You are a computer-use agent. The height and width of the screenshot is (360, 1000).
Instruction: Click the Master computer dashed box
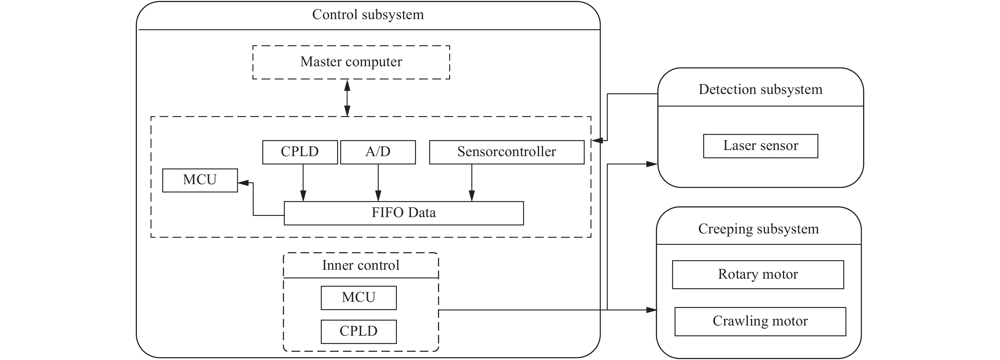(351, 62)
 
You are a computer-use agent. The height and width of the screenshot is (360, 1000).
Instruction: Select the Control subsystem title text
(368, 15)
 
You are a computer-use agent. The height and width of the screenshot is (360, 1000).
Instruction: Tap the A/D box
(378, 152)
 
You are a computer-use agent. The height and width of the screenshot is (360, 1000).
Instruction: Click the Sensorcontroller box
(506, 152)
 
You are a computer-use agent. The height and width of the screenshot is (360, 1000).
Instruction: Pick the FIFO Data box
(403, 213)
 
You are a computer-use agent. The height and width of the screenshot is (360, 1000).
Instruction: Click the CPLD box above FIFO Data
(300, 152)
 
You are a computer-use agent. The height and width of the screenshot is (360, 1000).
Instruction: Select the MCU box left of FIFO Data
(200, 180)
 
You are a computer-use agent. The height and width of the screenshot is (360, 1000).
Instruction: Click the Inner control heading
(360, 265)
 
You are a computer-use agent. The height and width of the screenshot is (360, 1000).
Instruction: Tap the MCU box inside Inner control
(358, 297)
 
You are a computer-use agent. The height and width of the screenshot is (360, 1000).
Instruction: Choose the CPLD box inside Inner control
(358, 331)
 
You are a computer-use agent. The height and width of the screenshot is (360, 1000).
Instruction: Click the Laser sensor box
(760, 146)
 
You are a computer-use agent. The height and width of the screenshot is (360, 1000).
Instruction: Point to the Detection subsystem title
(760, 89)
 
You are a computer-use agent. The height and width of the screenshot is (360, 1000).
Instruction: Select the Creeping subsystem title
(758, 229)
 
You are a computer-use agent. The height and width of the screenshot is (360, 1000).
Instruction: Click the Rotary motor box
(758, 274)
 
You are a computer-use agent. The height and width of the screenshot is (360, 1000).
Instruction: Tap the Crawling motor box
(760, 321)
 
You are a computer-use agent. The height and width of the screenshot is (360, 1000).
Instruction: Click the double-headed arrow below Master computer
(347, 98)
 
